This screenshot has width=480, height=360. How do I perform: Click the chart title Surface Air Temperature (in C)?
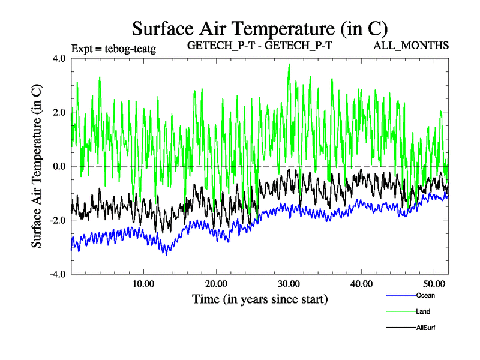[x=259, y=29]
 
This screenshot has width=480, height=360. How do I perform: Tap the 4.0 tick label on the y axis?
[x=60, y=58]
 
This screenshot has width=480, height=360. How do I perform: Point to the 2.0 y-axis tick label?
[x=60, y=112]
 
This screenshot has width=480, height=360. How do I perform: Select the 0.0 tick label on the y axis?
[x=60, y=166]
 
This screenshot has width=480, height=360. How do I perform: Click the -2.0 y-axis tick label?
[x=58, y=220]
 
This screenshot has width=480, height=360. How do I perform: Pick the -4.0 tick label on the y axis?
[x=58, y=274]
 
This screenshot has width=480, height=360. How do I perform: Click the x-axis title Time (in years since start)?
[x=259, y=298]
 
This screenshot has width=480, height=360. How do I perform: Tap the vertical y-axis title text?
[x=37, y=166]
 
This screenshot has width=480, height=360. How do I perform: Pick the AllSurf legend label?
[x=425, y=328]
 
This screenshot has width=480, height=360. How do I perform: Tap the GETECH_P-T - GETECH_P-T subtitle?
[x=260, y=46]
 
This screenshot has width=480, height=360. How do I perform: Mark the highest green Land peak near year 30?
[x=289, y=64]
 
